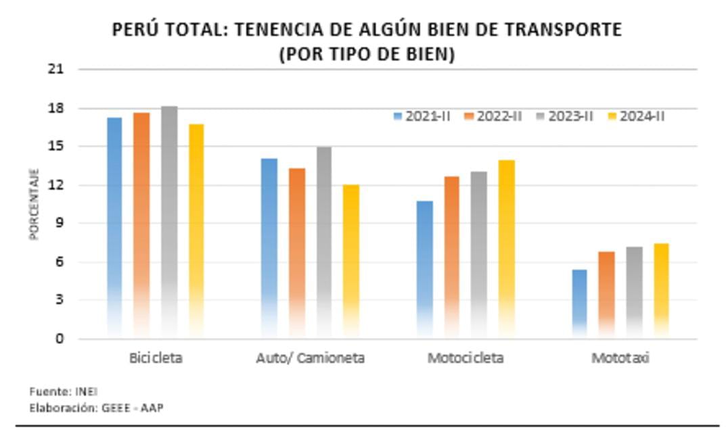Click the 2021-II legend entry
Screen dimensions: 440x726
422,116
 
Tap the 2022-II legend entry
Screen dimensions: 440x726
493,116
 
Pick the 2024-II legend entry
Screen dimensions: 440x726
636,116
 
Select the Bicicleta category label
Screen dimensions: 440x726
156,358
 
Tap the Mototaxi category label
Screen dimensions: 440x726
620,358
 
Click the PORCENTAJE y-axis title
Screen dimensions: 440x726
34,204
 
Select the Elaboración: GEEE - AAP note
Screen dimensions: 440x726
96,408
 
